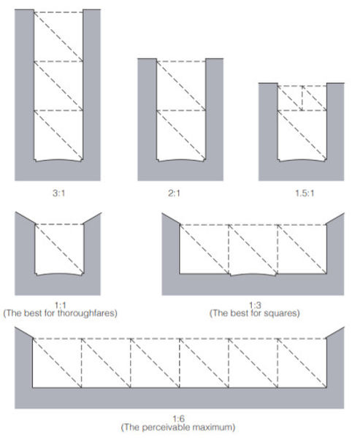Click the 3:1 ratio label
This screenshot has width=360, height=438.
tap(58, 193)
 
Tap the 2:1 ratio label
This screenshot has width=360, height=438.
tap(174, 193)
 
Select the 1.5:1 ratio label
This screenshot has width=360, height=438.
tap(305, 193)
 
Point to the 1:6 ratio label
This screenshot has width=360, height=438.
tap(178, 419)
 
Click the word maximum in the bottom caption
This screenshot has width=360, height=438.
tap(215, 427)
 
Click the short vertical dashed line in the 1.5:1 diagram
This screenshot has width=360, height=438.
tap(302, 99)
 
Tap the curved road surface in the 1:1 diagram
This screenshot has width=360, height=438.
tap(59, 274)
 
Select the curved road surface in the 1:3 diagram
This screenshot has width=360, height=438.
tap(253, 274)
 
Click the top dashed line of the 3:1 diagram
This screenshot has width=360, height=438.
tap(58, 12)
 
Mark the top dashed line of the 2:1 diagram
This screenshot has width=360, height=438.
tap(181, 61)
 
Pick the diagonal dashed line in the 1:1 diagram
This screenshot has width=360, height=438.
tap(59, 249)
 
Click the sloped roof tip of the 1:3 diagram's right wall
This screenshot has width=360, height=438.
tap(343, 213)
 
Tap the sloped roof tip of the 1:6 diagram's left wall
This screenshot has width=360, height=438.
tap(15, 327)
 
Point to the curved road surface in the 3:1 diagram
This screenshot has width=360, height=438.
tap(58, 161)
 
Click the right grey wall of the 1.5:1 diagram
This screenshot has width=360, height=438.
tap(335, 132)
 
